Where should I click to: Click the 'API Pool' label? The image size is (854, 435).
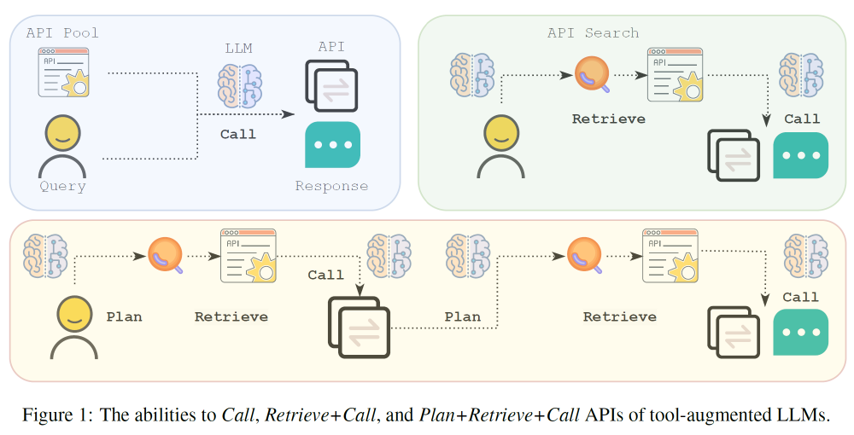click(x=62, y=33)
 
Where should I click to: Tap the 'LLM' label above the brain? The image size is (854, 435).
click(x=238, y=49)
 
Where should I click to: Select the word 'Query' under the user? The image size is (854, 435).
click(x=62, y=186)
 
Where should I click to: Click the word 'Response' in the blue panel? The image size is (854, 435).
click(x=331, y=186)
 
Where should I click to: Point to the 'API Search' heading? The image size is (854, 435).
click(x=593, y=33)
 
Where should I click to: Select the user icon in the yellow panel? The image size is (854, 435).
click(x=74, y=326)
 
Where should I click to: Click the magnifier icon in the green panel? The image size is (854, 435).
click(x=591, y=74)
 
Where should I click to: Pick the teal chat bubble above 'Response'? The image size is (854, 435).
click(x=332, y=145)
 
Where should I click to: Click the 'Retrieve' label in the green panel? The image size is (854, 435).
click(x=609, y=119)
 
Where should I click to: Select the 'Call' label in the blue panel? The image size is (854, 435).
click(x=238, y=134)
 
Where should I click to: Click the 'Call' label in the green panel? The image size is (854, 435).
click(x=802, y=119)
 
